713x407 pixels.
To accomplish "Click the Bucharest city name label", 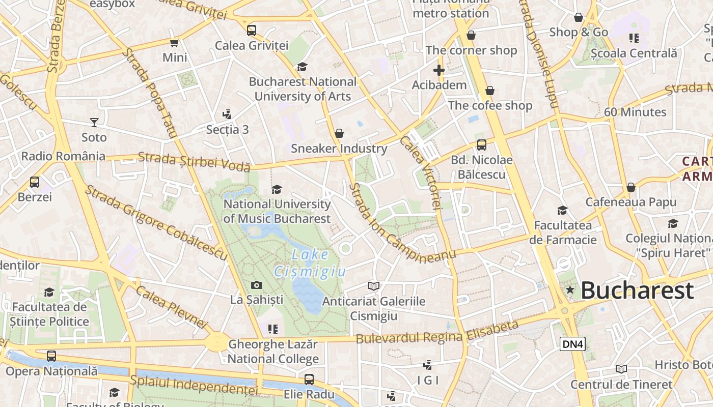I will (x=637, y=290).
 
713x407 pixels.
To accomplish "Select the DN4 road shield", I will (x=572, y=344).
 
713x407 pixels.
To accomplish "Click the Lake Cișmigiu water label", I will (x=310, y=263).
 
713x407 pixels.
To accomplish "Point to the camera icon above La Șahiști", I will (x=257, y=285).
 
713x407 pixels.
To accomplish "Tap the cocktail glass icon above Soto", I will (x=94, y=122).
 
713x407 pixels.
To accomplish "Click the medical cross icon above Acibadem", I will (x=439, y=70).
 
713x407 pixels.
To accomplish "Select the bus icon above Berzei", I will (x=35, y=182).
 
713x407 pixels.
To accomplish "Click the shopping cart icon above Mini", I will (x=175, y=43).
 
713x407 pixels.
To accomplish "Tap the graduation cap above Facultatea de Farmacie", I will (x=562, y=210).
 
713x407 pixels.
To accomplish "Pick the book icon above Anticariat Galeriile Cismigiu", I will (x=374, y=286).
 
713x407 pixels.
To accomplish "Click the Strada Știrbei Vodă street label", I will (x=194, y=161).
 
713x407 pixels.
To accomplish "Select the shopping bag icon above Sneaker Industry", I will (x=339, y=133).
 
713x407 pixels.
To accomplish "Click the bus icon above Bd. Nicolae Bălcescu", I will (x=481, y=145).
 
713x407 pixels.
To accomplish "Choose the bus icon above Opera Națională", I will (x=51, y=356).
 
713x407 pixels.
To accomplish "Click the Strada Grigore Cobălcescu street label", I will (x=155, y=222).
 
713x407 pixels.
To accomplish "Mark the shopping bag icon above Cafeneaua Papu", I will (x=631, y=187).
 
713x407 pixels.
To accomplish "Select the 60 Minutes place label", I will (x=635, y=112).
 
